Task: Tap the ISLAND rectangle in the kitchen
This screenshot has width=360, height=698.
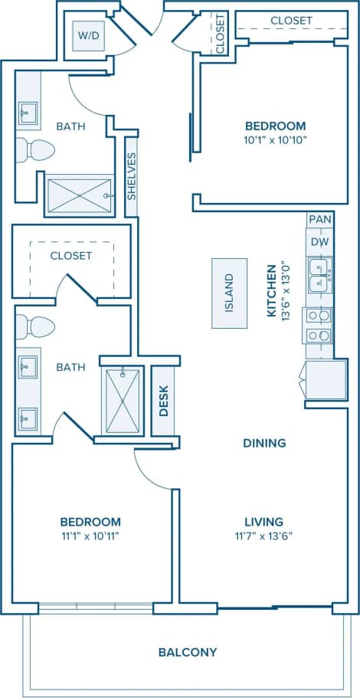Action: (229, 293)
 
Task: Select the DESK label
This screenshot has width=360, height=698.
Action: (163, 400)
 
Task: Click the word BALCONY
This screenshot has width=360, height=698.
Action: (188, 652)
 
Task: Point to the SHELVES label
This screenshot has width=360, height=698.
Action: (132, 176)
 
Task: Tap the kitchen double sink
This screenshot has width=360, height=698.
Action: (319, 274)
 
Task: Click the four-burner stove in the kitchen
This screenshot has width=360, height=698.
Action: (319, 325)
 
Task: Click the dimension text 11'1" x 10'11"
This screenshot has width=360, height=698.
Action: (91, 536)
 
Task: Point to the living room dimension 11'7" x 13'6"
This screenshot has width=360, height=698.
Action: (264, 536)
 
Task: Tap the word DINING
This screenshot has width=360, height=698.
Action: (264, 443)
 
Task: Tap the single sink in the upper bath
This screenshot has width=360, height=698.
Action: (28, 113)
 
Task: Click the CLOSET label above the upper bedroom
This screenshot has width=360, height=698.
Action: (291, 21)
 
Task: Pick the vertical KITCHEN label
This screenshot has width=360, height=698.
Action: (271, 291)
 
